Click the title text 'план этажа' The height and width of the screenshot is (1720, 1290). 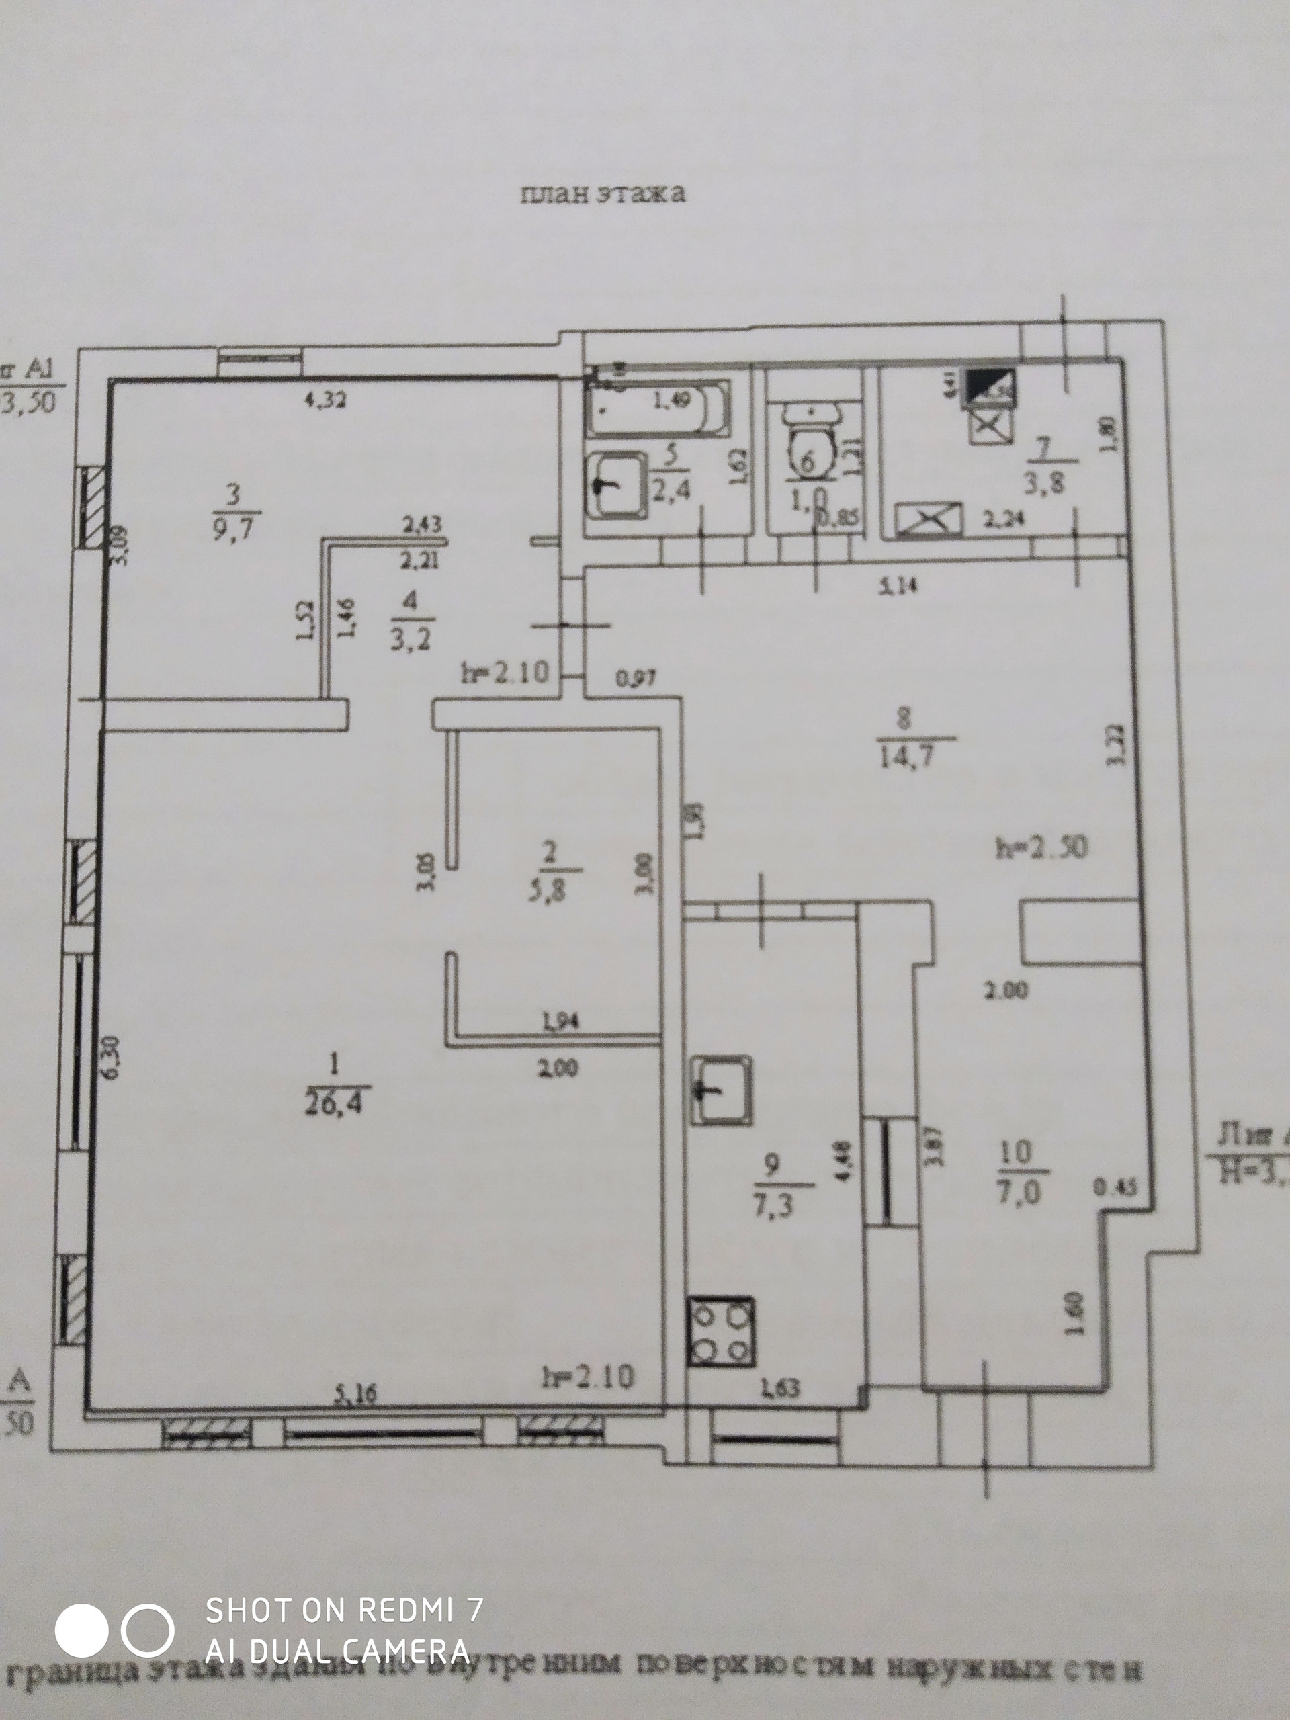pyautogui.click(x=603, y=193)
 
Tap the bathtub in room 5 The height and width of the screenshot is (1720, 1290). pyautogui.click(x=658, y=407)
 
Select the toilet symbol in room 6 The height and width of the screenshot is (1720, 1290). pyautogui.click(x=810, y=440)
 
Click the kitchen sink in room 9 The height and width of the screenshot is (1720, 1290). pyautogui.click(x=722, y=1089)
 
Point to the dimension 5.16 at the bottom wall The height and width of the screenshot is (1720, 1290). pyautogui.click(x=355, y=1394)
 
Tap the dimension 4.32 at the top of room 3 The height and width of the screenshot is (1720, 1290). pyautogui.click(x=325, y=401)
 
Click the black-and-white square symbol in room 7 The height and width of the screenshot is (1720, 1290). pyautogui.click(x=989, y=386)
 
